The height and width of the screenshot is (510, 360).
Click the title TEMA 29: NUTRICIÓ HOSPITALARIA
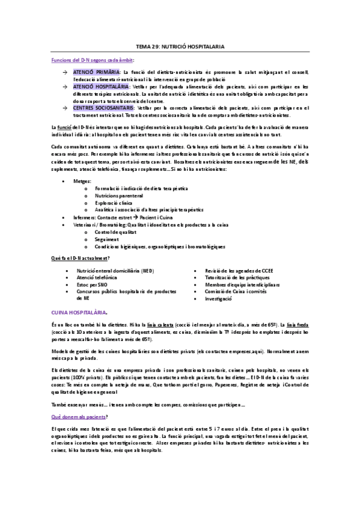tap(180, 46)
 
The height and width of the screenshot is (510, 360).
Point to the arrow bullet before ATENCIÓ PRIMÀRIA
tap(66, 73)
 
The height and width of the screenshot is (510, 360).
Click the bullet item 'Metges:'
tap(85, 181)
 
